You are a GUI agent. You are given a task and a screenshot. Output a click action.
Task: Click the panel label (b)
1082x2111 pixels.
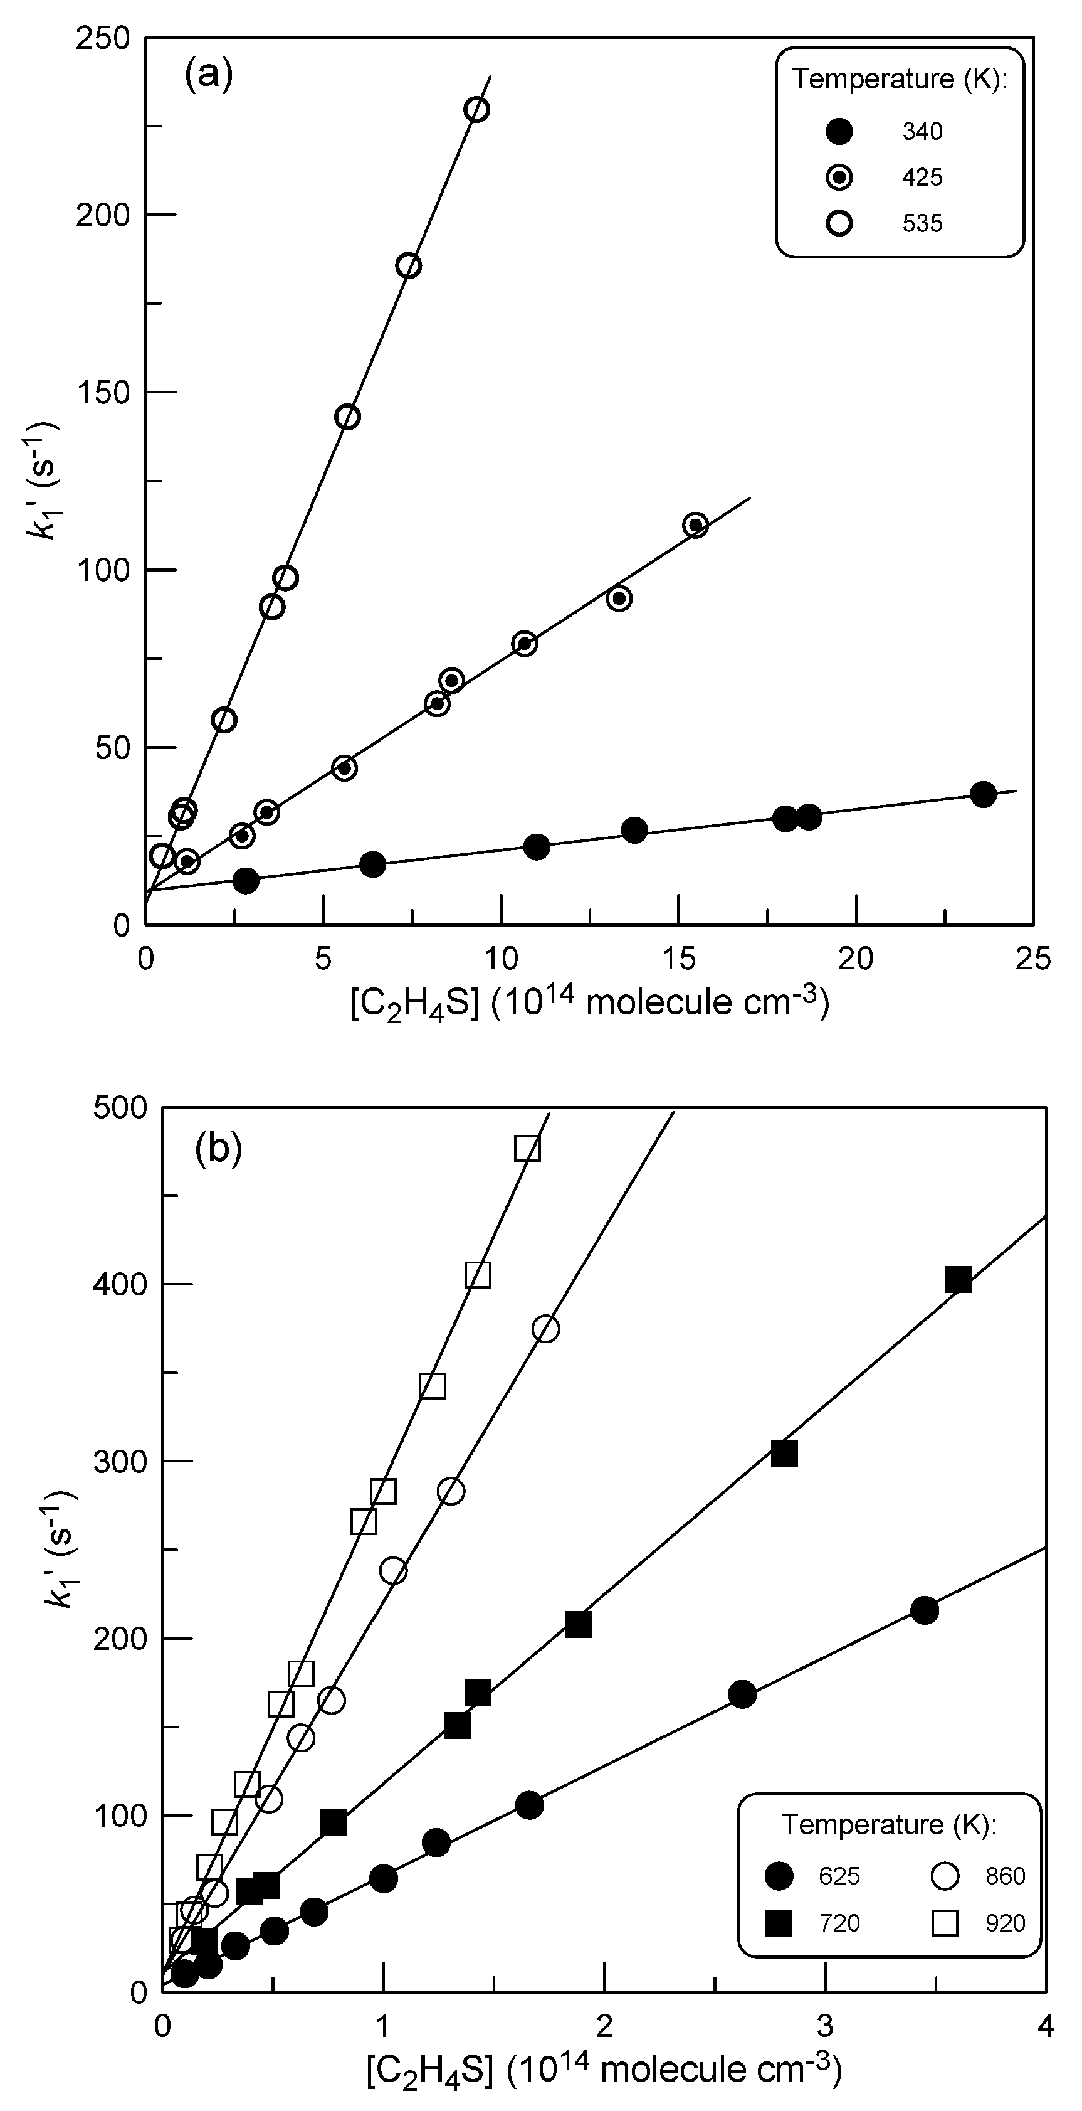[219, 1150]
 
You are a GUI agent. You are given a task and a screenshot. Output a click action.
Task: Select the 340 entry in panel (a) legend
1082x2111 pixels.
[922, 132]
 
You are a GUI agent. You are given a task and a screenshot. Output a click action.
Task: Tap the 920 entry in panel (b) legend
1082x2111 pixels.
[1005, 1923]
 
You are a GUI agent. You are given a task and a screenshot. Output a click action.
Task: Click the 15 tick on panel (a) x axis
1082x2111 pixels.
[678, 957]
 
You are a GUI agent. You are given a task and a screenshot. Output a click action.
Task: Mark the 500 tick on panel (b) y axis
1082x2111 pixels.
[120, 1107]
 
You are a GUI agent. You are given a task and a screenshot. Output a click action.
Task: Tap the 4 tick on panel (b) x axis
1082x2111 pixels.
[1044, 2026]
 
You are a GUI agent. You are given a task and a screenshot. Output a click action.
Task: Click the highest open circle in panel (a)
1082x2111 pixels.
[476, 110]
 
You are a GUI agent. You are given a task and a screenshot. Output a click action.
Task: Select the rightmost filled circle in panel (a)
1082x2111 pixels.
[983, 794]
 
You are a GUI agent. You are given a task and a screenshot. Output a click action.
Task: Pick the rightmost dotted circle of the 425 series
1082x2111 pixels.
[695, 525]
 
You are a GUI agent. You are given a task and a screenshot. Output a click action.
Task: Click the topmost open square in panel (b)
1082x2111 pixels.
[527, 1149]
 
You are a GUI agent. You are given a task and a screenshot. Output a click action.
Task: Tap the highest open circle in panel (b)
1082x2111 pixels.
[545, 1329]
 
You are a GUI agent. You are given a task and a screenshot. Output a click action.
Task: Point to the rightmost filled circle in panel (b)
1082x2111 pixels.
[924, 1610]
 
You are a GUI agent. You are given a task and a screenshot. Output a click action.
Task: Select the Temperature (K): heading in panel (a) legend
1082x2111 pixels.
[898, 80]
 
